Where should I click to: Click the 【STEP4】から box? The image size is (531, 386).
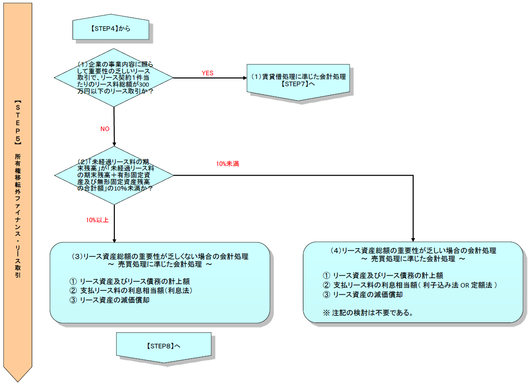pyautogui.click(x=111, y=29)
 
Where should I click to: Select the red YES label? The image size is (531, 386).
pyautogui.click(x=207, y=73)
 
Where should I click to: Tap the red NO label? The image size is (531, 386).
pyautogui.click(x=105, y=129)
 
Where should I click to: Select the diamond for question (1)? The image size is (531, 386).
pyautogui.click(x=114, y=78)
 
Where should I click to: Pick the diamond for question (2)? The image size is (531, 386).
pyautogui.click(x=114, y=175)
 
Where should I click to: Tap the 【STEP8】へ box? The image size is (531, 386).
pyautogui.click(x=163, y=346)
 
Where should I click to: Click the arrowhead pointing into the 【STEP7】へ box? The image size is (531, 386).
pyautogui.click(x=244, y=78)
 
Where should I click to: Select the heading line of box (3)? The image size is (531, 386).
pyautogui.click(x=160, y=256)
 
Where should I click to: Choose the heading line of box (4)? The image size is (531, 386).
pyautogui.click(x=413, y=250)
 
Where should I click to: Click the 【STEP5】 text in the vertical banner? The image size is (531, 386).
pyautogui.click(x=17, y=119)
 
